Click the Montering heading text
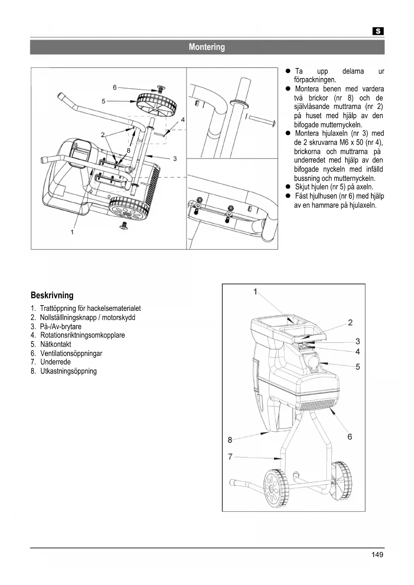pyautogui.click(x=207, y=47)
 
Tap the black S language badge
pyautogui.click(x=378, y=31)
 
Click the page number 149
pyautogui.click(x=377, y=555)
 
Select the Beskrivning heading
pyautogui.click(x=52, y=296)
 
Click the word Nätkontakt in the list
pyautogui.click(x=56, y=345)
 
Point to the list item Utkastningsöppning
pyautogui.click(x=68, y=371)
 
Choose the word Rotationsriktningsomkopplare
pyautogui.click(x=82, y=336)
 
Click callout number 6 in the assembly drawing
pyautogui.click(x=115, y=87)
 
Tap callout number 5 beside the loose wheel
pyautogui.click(x=104, y=101)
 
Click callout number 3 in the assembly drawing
pyautogui.click(x=175, y=159)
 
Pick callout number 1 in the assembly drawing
pyautogui.click(x=72, y=232)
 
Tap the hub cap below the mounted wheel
pyautogui.click(x=125, y=226)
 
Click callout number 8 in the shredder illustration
pyautogui.click(x=230, y=440)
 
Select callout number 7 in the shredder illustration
pyautogui.click(x=230, y=457)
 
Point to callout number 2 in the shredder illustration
pyautogui.click(x=350, y=323)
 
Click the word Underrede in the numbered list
pyautogui.click(x=55, y=362)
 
